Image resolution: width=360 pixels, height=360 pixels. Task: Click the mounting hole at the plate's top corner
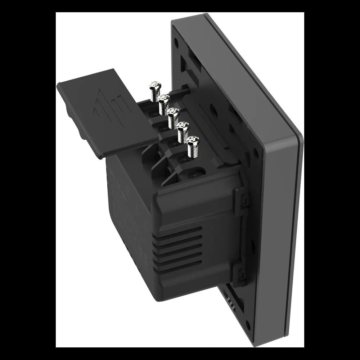pyautogui.click(x=176, y=42)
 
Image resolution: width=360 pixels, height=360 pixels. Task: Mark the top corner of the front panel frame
pyautogui.click(x=205, y=16)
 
